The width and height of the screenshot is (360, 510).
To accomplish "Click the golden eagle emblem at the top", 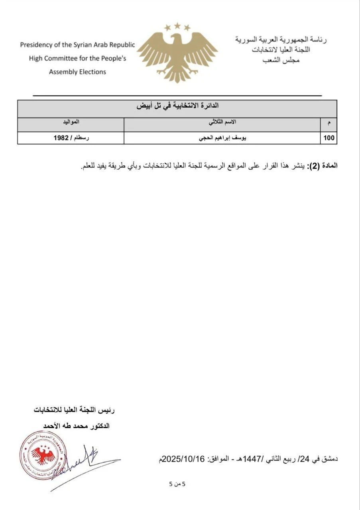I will (177, 54).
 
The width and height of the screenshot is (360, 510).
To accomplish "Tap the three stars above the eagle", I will (177, 27).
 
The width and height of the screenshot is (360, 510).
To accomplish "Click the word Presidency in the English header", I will (36, 45).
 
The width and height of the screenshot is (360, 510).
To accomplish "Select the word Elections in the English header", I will (91, 72).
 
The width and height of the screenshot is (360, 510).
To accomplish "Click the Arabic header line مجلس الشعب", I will (281, 60).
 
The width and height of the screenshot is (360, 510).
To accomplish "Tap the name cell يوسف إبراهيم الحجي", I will (223, 138).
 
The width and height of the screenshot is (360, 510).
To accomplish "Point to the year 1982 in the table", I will (62, 138).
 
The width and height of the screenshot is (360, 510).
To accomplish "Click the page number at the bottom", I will (177, 484).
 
